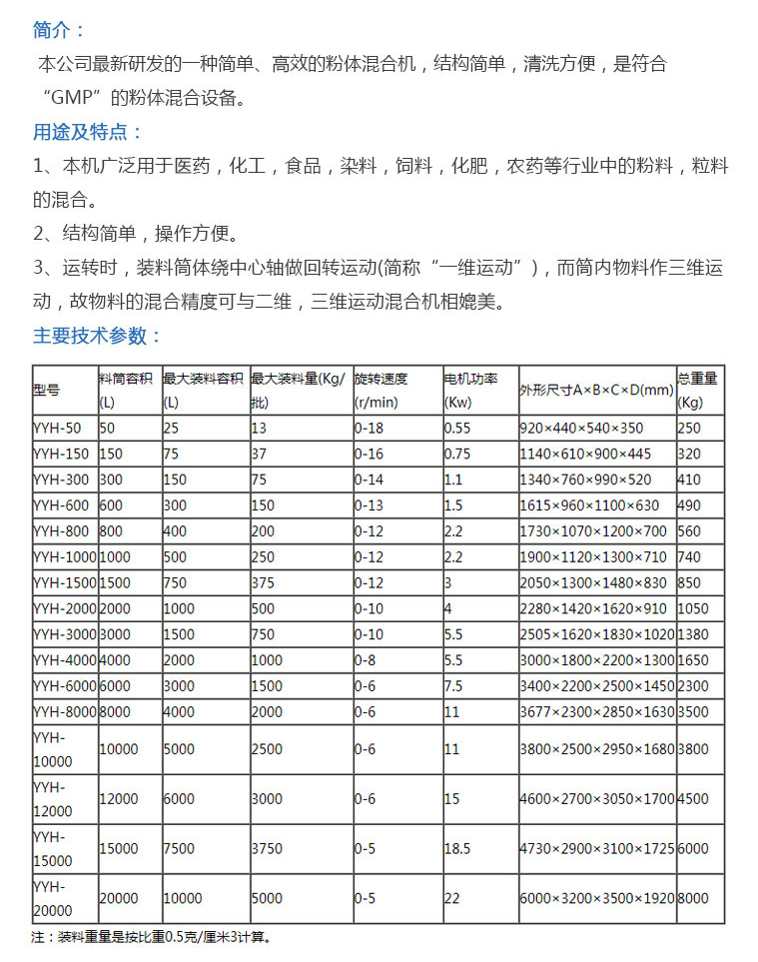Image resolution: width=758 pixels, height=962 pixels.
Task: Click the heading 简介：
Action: [60, 30]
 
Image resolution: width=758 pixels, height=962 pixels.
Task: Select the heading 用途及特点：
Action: [88, 132]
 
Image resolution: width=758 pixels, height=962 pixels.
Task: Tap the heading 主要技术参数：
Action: [97, 336]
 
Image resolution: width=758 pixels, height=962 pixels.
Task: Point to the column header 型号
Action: [47, 391]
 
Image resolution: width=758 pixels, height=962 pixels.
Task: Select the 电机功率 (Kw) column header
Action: [470, 391]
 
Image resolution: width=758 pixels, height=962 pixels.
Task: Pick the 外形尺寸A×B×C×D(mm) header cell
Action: [596, 391]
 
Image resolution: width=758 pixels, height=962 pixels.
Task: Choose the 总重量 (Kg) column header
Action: [699, 391]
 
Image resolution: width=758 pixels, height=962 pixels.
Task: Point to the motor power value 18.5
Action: [457, 848]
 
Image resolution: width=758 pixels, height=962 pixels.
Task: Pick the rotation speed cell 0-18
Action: [370, 427]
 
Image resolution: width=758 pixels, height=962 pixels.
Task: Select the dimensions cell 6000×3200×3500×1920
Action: [596, 898]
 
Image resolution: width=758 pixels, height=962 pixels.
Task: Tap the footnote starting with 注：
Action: [150, 938]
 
